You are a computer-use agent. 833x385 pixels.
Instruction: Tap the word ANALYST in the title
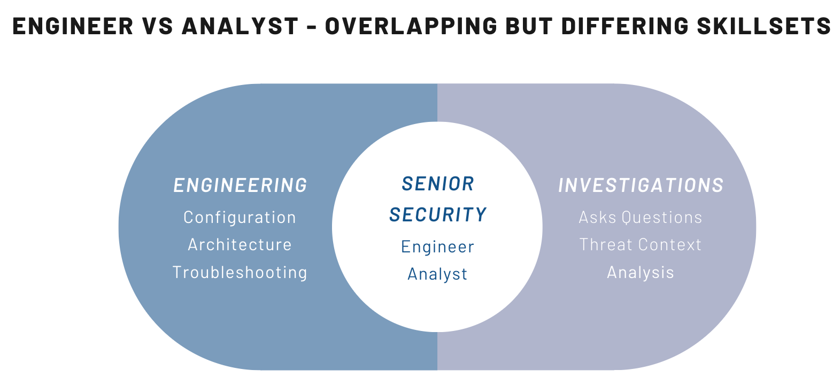240,26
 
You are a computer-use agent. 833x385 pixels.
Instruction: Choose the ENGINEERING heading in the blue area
241,185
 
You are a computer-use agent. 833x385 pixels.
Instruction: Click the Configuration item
240,217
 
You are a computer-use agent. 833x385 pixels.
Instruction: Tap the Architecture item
240,244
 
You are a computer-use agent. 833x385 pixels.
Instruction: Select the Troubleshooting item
240,272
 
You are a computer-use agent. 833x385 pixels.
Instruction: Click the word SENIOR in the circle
438,183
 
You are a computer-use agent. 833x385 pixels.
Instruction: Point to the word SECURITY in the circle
438,214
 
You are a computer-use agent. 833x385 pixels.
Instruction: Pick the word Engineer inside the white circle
437,247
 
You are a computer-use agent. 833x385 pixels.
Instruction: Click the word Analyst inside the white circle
437,274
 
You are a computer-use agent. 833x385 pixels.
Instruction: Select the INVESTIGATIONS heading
641,185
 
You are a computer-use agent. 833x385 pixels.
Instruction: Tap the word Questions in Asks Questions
662,218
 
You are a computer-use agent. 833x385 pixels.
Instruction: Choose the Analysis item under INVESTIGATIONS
641,273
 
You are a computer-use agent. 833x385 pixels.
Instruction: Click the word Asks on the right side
597,218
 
